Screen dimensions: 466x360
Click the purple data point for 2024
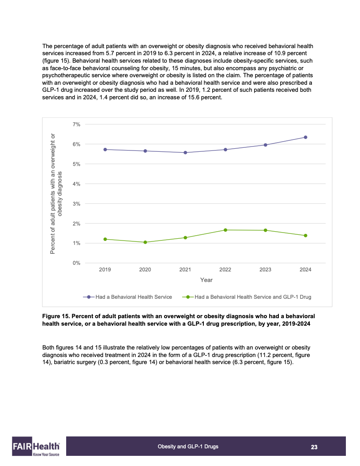pyautogui.click(x=305, y=137)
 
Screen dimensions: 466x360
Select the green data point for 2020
pyautogui.click(x=145, y=242)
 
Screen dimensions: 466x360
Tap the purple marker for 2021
pyautogui.click(x=185, y=153)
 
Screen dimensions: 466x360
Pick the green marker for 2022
pyautogui.click(x=225, y=230)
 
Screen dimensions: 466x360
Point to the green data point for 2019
pyautogui.click(x=105, y=239)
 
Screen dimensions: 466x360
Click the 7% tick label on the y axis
pyautogui.click(x=76, y=124)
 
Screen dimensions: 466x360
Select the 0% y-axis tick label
pyautogui.click(x=76, y=263)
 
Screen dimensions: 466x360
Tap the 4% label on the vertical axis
pyautogui.click(x=76, y=184)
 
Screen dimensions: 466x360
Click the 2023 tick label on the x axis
pyautogui.click(x=265, y=270)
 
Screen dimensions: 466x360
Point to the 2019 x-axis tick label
pyautogui.click(x=105, y=270)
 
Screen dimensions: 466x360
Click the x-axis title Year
pyautogui.click(x=206, y=280)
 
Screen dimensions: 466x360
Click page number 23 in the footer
pyautogui.click(x=314, y=447)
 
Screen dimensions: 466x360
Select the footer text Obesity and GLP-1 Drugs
pyautogui.click(x=188, y=447)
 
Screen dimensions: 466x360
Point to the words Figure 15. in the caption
pyautogui.click(x=56, y=316)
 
